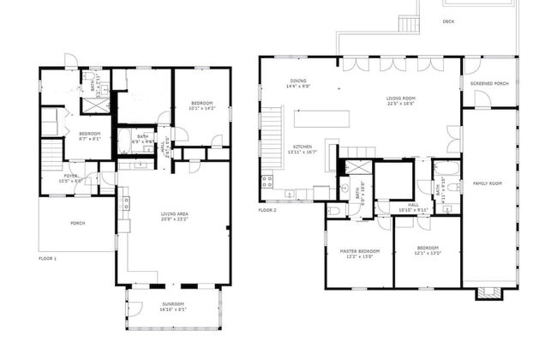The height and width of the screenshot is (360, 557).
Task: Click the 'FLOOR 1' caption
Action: click(x=48, y=257)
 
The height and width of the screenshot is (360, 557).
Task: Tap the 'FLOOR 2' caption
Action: click(x=267, y=209)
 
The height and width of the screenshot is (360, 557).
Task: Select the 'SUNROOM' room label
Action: click(x=173, y=306)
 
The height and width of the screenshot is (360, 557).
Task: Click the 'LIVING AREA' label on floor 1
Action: click(x=174, y=215)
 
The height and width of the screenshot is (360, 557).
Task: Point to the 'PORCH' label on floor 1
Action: click(x=77, y=224)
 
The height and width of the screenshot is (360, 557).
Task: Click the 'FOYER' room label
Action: click(x=69, y=177)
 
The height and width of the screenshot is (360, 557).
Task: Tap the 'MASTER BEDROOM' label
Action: click(x=359, y=252)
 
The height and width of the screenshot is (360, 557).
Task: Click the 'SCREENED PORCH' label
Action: click(x=489, y=84)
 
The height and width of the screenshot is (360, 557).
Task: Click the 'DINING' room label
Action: click(x=298, y=81)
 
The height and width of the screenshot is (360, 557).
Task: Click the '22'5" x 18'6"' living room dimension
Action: click(x=401, y=105)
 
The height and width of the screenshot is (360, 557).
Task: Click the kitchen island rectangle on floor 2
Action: click(x=322, y=119)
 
